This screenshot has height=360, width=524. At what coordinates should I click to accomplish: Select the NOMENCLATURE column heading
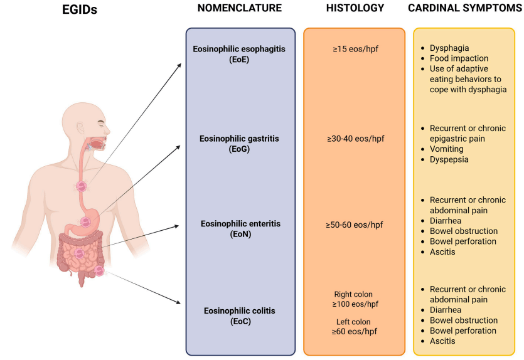[239, 8]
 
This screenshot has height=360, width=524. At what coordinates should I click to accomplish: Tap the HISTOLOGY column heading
[354, 8]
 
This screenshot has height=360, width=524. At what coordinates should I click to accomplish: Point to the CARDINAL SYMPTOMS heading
[466, 8]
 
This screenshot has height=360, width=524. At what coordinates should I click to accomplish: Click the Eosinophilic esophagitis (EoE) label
[240, 53]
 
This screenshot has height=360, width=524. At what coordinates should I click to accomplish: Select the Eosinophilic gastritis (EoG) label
[240, 144]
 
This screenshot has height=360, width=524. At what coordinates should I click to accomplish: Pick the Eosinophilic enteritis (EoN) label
[240, 228]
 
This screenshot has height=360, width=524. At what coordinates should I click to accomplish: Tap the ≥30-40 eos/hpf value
[355, 139]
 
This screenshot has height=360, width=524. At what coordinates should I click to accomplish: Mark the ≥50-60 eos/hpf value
[355, 224]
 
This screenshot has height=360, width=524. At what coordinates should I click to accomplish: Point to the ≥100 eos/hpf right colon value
[355, 304]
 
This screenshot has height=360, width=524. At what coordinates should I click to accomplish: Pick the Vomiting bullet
[447, 149]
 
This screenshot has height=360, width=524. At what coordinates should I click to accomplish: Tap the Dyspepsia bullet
[449, 159]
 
